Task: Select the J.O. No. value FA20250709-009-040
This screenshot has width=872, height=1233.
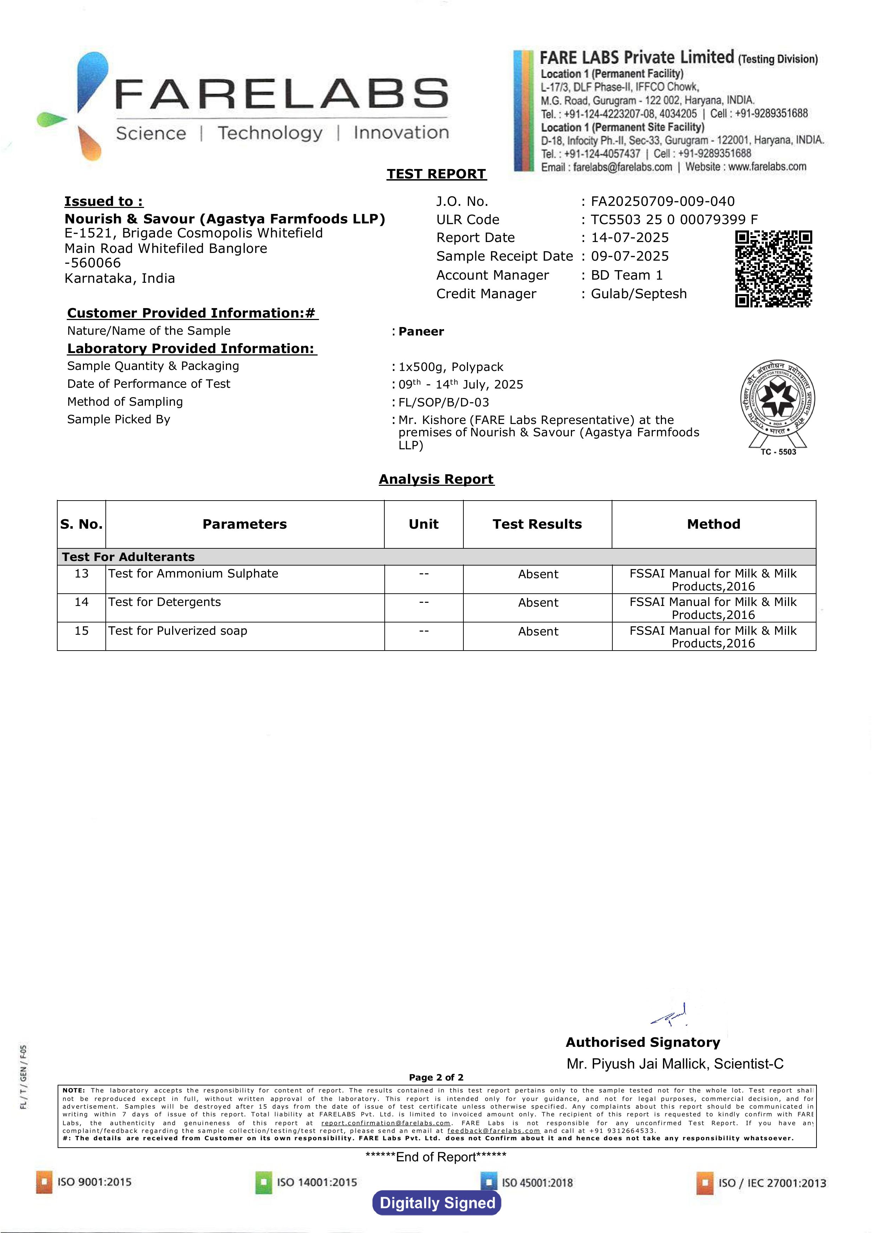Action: click(663, 201)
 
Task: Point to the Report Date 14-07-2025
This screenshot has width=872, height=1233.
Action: click(630, 237)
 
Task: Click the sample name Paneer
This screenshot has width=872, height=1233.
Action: click(421, 331)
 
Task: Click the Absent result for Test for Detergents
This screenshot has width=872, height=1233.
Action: click(538, 602)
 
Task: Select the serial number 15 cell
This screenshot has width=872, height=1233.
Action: click(82, 631)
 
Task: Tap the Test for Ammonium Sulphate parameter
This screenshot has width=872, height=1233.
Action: click(193, 574)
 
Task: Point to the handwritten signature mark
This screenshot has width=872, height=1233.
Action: click(670, 1015)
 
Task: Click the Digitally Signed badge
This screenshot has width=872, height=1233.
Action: click(437, 1203)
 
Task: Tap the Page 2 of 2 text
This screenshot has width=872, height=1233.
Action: click(436, 1077)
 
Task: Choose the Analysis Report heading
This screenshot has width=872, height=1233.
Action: click(436, 479)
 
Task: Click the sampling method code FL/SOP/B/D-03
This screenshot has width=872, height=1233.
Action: click(443, 402)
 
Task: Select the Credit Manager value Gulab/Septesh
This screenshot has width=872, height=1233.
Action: click(638, 294)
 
